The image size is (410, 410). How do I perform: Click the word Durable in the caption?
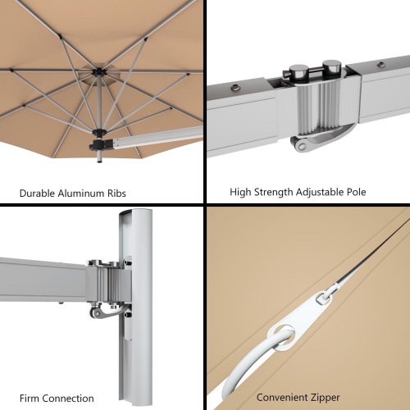coord(38,194)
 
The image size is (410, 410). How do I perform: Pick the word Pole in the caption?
coord(357,193)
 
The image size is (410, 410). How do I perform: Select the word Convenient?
coord(281,398)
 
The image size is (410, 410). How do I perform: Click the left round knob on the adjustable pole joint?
coord(300,71)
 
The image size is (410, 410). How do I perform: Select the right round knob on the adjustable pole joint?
coord(330,66)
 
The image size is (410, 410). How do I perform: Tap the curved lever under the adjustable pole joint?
coord(306,144)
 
